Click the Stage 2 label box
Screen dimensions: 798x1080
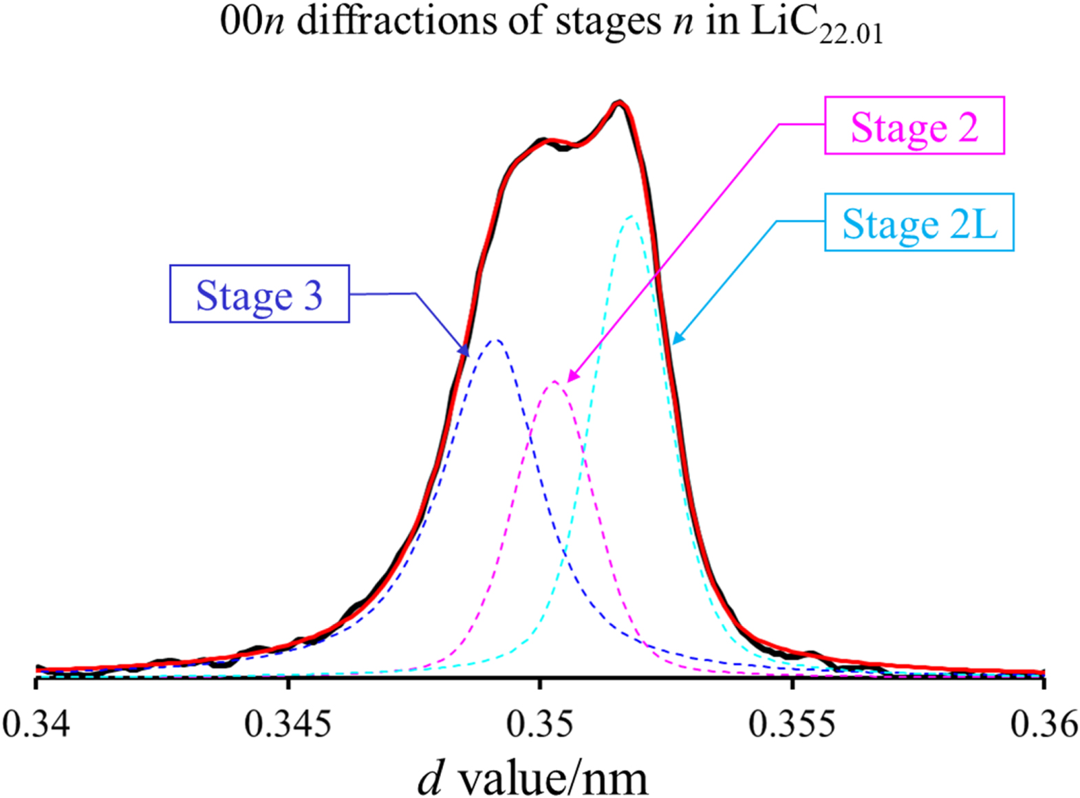tap(914, 125)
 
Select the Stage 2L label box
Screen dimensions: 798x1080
tap(919, 222)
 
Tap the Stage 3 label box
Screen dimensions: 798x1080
tap(259, 294)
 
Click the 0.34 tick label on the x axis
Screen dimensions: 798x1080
tap(36, 724)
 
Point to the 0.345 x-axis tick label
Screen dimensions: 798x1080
tap(288, 724)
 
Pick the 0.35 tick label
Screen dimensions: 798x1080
tap(540, 724)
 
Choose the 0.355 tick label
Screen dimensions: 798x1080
tap(792, 724)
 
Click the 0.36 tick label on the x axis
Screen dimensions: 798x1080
tap(1044, 724)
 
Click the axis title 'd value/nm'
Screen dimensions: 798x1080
tap(533, 778)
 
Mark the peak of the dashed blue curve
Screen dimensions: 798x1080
tap(495, 340)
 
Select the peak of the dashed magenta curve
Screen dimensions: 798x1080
tap(554, 381)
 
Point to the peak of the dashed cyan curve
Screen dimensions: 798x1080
tap(631, 217)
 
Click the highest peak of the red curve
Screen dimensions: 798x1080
tap(620, 103)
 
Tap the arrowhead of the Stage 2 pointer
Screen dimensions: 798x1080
tap(570, 378)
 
